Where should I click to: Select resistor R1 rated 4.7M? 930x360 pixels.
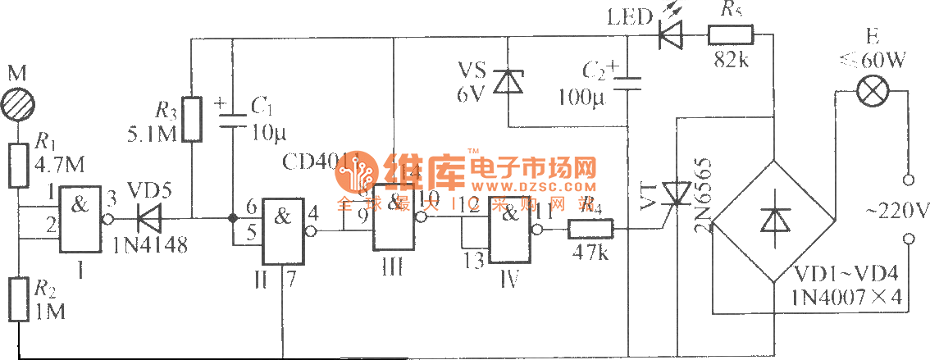pos(18,164)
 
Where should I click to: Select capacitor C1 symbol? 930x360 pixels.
pos(232,118)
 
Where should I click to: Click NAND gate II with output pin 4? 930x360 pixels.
pos(283,231)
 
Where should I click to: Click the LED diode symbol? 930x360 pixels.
pos(670,34)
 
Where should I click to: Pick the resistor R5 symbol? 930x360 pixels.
pos(730,34)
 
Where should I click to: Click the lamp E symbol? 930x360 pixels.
pos(867,92)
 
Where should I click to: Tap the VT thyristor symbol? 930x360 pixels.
pos(677,194)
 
